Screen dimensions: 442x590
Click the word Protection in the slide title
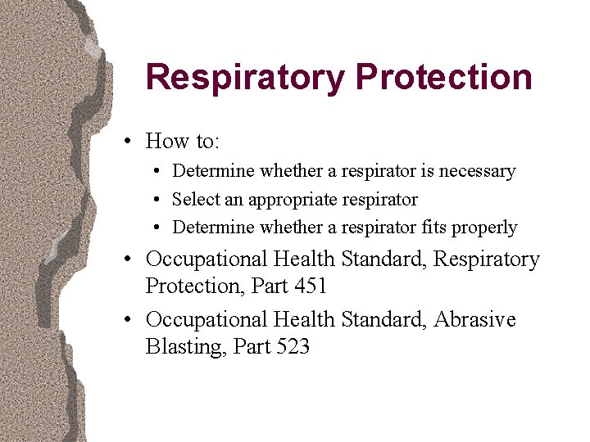coord(444,78)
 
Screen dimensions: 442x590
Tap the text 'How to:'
coord(182,141)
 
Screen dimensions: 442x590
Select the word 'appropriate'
coord(304,200)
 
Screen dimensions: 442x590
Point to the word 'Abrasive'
coord(475,319)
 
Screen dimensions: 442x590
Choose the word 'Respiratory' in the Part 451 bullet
coord(487,259)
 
